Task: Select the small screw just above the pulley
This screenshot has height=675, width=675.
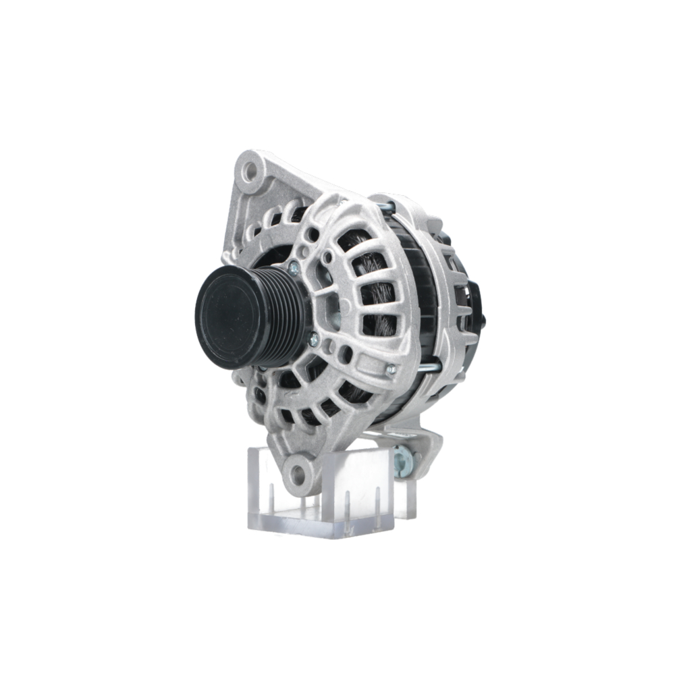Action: point(294,268)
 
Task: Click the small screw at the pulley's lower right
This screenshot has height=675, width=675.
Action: point(313,340)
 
